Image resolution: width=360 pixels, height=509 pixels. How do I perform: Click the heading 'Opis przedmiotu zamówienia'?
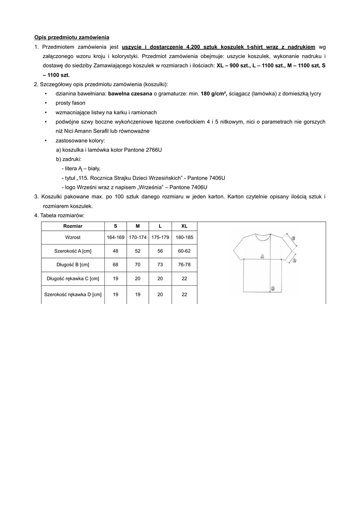(72, 37)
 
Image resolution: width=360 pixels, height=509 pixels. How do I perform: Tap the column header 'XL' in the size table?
(184, 226)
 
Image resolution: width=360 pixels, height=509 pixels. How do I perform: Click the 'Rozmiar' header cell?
(73, 226)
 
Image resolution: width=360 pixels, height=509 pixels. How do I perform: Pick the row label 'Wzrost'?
(73, 237)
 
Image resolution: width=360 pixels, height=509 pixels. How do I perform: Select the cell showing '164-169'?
(115, 237)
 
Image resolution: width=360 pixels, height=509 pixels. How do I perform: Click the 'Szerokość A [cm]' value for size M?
(137, 251)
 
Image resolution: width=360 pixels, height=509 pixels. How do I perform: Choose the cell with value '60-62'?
(184, 251)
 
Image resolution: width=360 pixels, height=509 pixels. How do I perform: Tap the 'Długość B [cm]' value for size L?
(160, 264)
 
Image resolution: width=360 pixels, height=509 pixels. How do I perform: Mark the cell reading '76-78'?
(184, 264)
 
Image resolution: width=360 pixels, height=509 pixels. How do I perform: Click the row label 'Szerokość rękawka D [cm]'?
(73, 294)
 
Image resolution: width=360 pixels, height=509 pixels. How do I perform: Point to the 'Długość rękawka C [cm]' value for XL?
(184, 278)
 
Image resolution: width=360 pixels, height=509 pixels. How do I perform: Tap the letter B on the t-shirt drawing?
(273, 288)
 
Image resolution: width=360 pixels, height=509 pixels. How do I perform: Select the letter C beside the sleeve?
(293, 238)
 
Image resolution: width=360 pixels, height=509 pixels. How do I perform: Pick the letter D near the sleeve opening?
(294, 260)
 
